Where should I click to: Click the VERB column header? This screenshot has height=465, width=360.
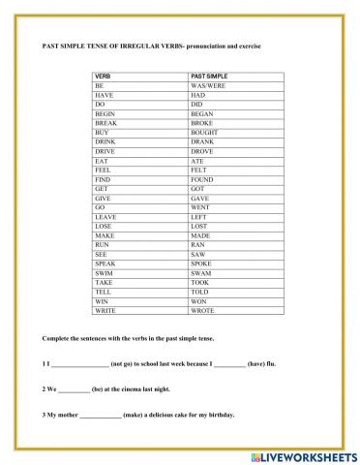pos(102,75)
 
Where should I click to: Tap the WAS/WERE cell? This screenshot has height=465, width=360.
pos(208,85)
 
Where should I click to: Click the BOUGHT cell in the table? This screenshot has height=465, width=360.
pos(204,132)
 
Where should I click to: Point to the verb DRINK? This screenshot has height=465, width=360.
pos(105,141)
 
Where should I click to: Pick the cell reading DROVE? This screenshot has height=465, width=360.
pos(202,151)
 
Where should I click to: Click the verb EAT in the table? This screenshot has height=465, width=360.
pos(100,161)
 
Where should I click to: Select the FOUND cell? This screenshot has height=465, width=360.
pos(203,179)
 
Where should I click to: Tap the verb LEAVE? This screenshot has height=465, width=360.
pos(105,216)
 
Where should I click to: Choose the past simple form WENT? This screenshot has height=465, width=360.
pos(201,207)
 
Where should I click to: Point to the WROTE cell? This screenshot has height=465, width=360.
pos(202,310)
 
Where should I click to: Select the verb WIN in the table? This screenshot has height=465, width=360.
pos(101,300)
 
